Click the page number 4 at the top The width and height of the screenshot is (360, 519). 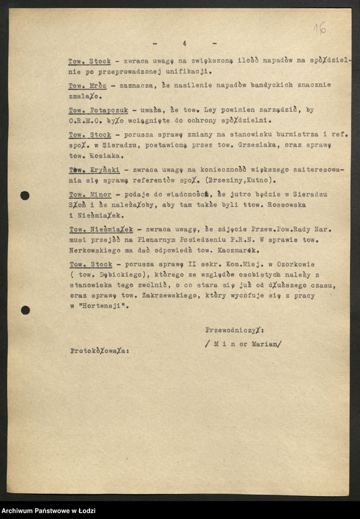point(184,43)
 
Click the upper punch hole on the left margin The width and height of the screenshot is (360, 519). point(25,196)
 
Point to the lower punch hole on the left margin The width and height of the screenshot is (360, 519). point(25,310)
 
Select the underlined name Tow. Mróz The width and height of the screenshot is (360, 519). point(86,85)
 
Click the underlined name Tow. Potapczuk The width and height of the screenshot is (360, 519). point(99,110)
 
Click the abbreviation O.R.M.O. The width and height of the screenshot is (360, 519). point(88,121)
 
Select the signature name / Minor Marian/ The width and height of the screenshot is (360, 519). point(243,344)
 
